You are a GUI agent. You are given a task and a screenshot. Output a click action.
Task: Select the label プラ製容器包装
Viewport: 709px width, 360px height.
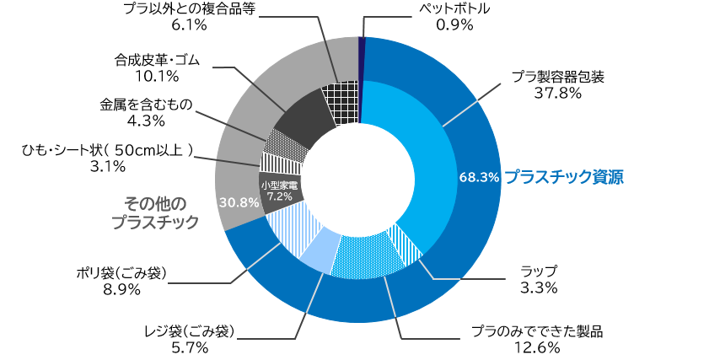point(558,77)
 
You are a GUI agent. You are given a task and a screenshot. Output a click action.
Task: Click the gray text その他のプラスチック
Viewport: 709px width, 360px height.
point(155,212)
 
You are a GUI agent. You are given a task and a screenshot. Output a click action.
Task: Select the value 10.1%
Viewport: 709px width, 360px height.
point(157,77)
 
